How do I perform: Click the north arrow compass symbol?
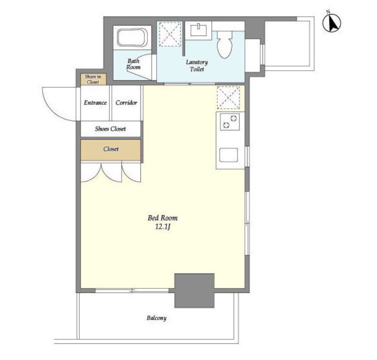(x=331, y=23)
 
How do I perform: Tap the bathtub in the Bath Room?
(x=132, y=37)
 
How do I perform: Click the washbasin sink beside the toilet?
(x=199, y=30)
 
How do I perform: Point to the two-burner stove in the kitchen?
(x=230, y=122)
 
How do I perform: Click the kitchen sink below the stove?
(x=229, y=155)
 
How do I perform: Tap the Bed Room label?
(x=162, y=218)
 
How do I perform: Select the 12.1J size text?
(x=162, y=227)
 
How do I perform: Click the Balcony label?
(x=157, y=318)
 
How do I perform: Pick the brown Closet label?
(x=111, y=149)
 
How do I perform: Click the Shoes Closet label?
(x=110, y=129)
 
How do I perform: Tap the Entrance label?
(x=95, y=103)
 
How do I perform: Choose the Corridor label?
(x=126, y=103)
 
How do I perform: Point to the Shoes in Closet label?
(x=93, y=79)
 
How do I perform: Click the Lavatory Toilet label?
(x=197, y=66)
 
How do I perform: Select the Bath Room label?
(x=133, y=64)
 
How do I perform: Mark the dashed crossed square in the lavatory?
(x=170, y=34)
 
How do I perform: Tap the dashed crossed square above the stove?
(x=228, y=97)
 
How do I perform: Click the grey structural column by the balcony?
(x=194, y=291)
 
